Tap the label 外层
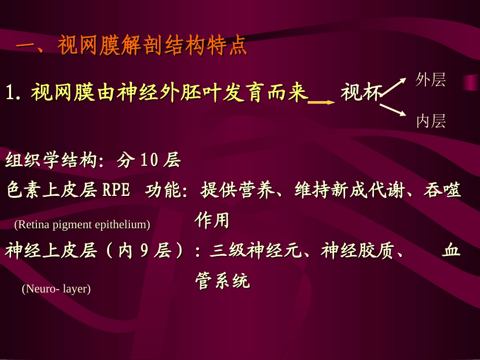(x=430, y=80)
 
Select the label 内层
(x=430, y=121)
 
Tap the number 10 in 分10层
(x=149, y=161)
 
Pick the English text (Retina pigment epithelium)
(x=82, y=225)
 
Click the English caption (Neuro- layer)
(x=56, y=289)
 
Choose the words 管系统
(x=222, y=281)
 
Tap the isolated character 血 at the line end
(x=451, y=251)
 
